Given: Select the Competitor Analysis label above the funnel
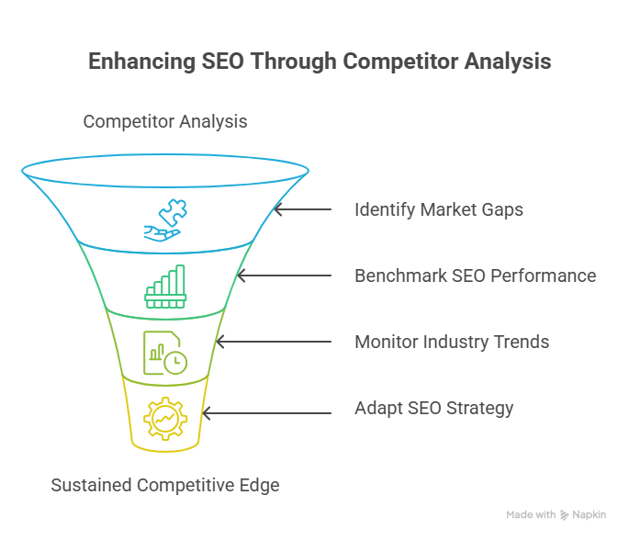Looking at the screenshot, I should point(165,121).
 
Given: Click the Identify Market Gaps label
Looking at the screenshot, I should point(439,209).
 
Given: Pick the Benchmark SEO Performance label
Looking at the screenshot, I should point(476,276).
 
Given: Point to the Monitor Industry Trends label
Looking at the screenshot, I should point(452,342).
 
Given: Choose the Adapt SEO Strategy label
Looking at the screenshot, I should point(433,408).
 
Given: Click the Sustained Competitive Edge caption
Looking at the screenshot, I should point(165,485).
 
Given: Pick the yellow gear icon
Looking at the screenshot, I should point(165,419).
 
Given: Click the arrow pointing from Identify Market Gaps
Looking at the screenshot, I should point(303,209).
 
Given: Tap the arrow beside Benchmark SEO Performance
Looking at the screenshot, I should point(285,276).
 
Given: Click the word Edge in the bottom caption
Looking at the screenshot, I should point(260,485).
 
